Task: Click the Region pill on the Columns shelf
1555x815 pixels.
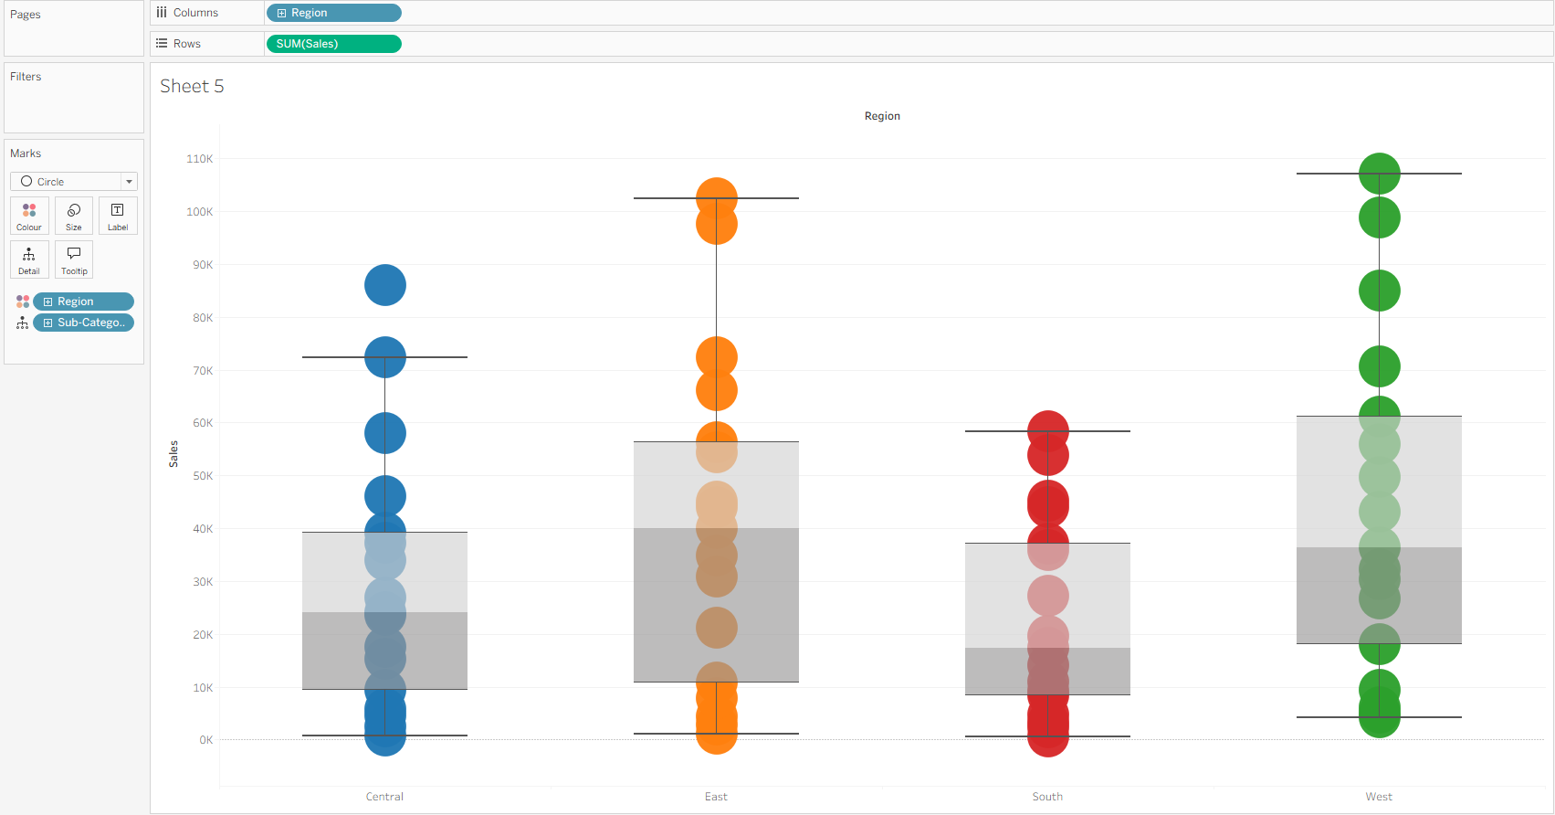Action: tap(333, 13)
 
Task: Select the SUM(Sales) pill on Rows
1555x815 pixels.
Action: tap(333, 44)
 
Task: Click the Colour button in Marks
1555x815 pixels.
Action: tap(29, 217)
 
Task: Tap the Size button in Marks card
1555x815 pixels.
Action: tap(74, 217)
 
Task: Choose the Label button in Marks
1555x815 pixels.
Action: tap(118, 217)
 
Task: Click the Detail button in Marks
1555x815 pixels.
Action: tap(29, 260)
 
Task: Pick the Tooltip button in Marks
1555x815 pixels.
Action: tap(74, 260)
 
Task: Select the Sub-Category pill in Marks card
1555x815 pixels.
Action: tap(84, 323)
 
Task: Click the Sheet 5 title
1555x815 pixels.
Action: tap(192, 86)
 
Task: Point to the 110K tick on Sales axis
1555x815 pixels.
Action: tap(199, 159)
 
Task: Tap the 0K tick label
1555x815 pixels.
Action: tap(205, 740)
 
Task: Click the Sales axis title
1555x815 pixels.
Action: tap(173, 453)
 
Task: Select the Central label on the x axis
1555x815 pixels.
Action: tap(384, 797)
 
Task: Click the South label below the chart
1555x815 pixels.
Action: tap(1047, 797)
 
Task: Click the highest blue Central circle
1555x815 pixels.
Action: tap(385, 285)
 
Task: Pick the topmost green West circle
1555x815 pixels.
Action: tap(1380, 174)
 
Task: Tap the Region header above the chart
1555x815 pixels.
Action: tap(882, 116)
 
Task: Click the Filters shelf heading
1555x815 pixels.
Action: tap(26, 77)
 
